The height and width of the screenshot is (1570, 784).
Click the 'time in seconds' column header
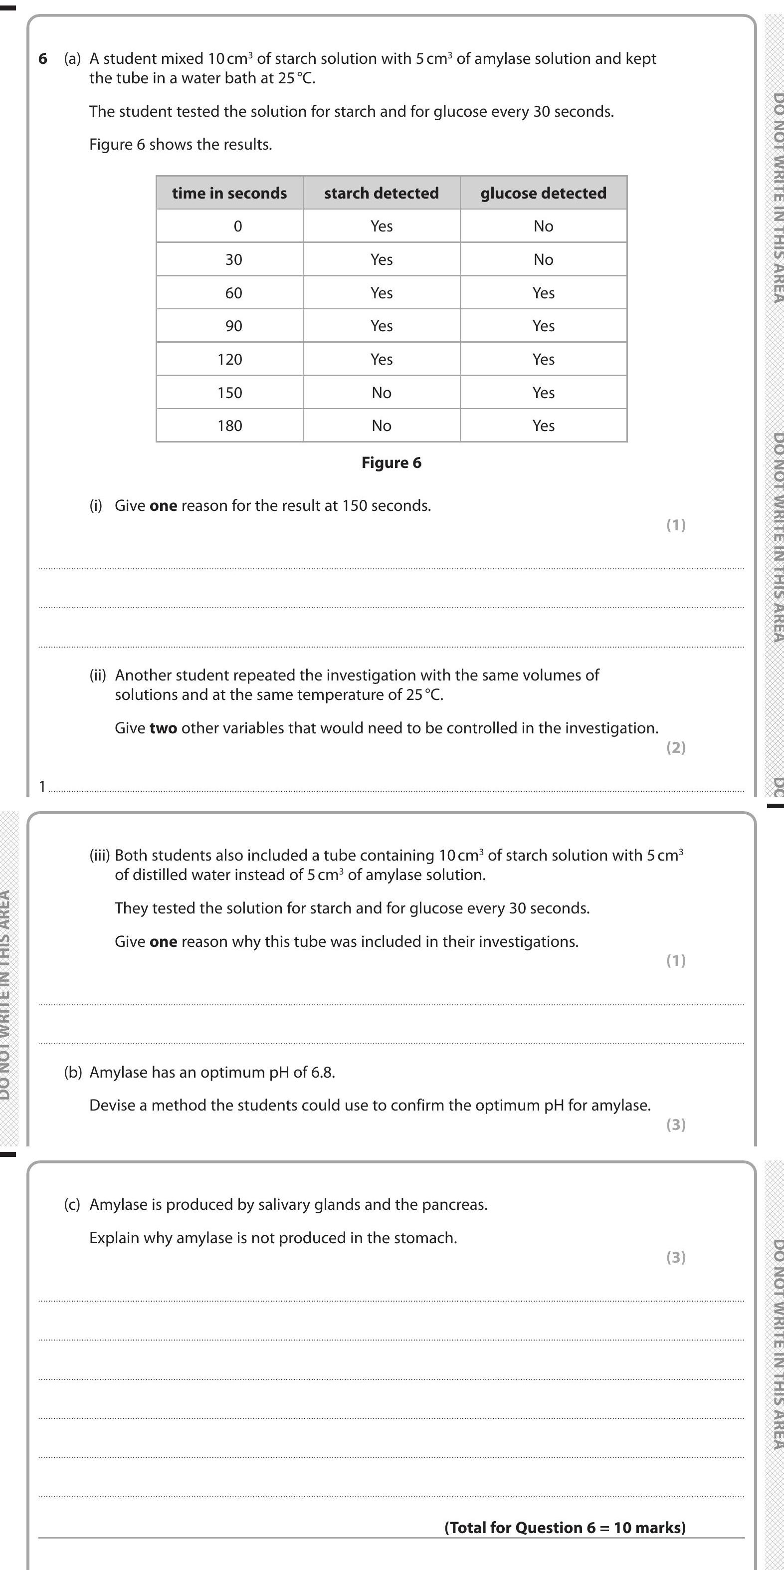pyautogui.click(x=229, y=193)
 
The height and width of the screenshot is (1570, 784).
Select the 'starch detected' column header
pyautogui.click(x=382, y=193)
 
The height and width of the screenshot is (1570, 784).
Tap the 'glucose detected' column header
pyautogui.click(x=544, y=193)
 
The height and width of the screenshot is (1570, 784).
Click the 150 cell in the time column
pyautogui.click(x=229, y=393)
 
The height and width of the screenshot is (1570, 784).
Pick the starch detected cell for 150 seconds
pyautogui.click(x=382, y=393)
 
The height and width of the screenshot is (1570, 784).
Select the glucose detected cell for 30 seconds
pyautogui.click(x=544, y=259)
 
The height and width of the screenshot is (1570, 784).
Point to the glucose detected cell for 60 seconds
pyautogui.click(x=544, y=293)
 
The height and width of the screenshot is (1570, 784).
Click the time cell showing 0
pyautogui.click(x=237, y=226)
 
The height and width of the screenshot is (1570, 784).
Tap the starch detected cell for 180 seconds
pyautogui.click(x=382, y=426)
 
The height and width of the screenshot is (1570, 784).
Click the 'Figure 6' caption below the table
pyautogui.click(x=391, y=462)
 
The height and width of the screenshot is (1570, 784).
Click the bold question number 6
pyautogui.click(x=43, y=58)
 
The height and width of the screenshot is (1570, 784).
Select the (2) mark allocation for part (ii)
pyautogui.click(x=676, y=747)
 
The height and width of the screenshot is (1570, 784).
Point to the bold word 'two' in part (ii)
pyautogui.click(x=163, y=728)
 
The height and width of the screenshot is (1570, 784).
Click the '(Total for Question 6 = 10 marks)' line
pyautogui.click(x=565, y=1527)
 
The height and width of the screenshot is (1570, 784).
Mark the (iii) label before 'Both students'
pyautogui.click(x=100, y=855)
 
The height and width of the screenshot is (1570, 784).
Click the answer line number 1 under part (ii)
pyautogui.click(x=42, y=787)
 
